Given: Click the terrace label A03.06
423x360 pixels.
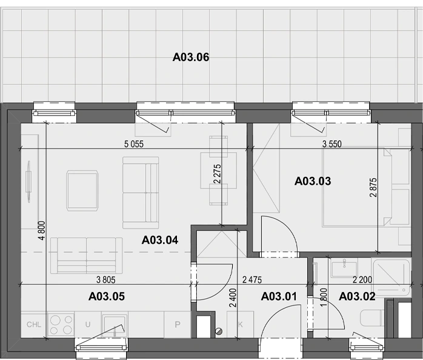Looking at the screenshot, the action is click(191, 57).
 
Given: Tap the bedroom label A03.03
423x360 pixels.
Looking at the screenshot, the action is click(313, 181).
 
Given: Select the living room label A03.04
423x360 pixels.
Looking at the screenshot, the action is click(160, 240).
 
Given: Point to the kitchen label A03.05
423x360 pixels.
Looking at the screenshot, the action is click(107, 296).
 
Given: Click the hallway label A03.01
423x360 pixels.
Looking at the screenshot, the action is click(279, 296).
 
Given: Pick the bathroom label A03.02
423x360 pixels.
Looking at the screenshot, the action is click(357, 296).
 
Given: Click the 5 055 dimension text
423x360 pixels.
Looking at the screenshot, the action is click(134, 144).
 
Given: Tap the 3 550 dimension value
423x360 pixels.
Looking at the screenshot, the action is click(332, 144).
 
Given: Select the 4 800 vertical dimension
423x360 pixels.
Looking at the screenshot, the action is click(42, 230).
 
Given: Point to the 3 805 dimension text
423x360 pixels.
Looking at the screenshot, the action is click(105, 280).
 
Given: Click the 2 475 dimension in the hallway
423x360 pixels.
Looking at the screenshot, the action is click(252, 280).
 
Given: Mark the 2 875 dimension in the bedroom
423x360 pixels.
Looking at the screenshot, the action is click(373, 187).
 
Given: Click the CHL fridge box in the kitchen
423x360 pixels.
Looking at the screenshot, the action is click(34, 324).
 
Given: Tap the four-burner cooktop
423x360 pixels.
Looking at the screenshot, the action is click(61, 325).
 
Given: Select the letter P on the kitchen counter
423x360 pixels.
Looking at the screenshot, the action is click(177, 324).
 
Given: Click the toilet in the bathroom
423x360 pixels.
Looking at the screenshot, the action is click(372, 318).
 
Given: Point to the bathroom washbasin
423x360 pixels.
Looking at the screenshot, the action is click(344, 268).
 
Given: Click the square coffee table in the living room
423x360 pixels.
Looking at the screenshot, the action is click(82, 191).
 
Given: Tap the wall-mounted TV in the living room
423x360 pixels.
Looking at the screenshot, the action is click(28, 181).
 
